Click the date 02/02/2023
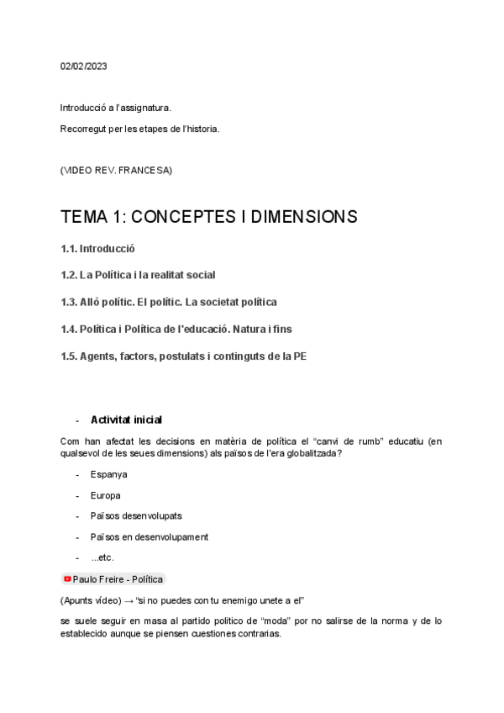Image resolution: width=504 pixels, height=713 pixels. click(x=84, y=66)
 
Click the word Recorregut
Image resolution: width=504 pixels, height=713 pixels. click(x=83, y=129)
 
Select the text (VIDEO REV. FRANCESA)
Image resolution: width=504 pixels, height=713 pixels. click(x=116, y=171)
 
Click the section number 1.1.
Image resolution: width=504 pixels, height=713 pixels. click(x=68, y=249)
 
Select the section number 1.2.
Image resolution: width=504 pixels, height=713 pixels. click(x=68, y=275)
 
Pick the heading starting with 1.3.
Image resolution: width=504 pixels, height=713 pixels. click(x=168, y=302)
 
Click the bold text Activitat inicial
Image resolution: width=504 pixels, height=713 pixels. click(x=126, y=420)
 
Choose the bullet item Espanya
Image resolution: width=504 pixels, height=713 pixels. click(x=109, y=474)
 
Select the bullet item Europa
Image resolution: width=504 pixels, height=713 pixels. click(x=106, y=495)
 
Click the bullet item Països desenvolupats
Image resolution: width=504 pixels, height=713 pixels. click(x=136, y=515)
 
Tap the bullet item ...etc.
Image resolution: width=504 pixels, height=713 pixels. click(x=102, y=557)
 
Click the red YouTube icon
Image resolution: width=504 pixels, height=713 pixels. click(x=67, y=579)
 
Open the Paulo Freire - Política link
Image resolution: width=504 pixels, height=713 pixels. click(x=118, y=579)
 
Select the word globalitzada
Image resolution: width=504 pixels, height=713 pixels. click(x=313, y=454)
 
